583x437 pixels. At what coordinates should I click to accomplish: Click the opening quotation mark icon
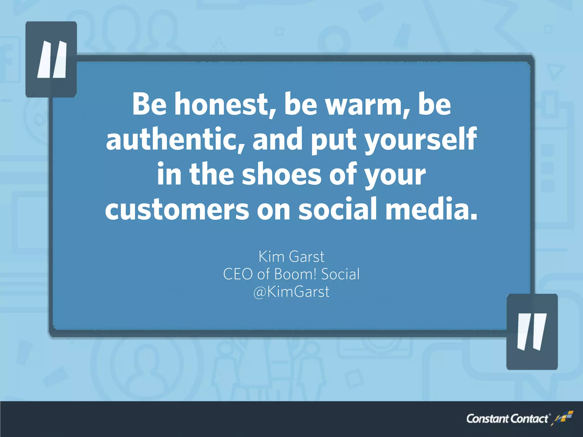[x=52, y=59]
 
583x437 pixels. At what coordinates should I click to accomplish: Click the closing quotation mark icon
[x=532, y=332]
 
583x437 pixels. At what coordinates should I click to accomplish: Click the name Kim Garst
[x=291, y=257]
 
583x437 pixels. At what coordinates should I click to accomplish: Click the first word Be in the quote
[x=149, y=104]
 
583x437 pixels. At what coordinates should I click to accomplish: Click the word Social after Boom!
[x=340, y=274]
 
